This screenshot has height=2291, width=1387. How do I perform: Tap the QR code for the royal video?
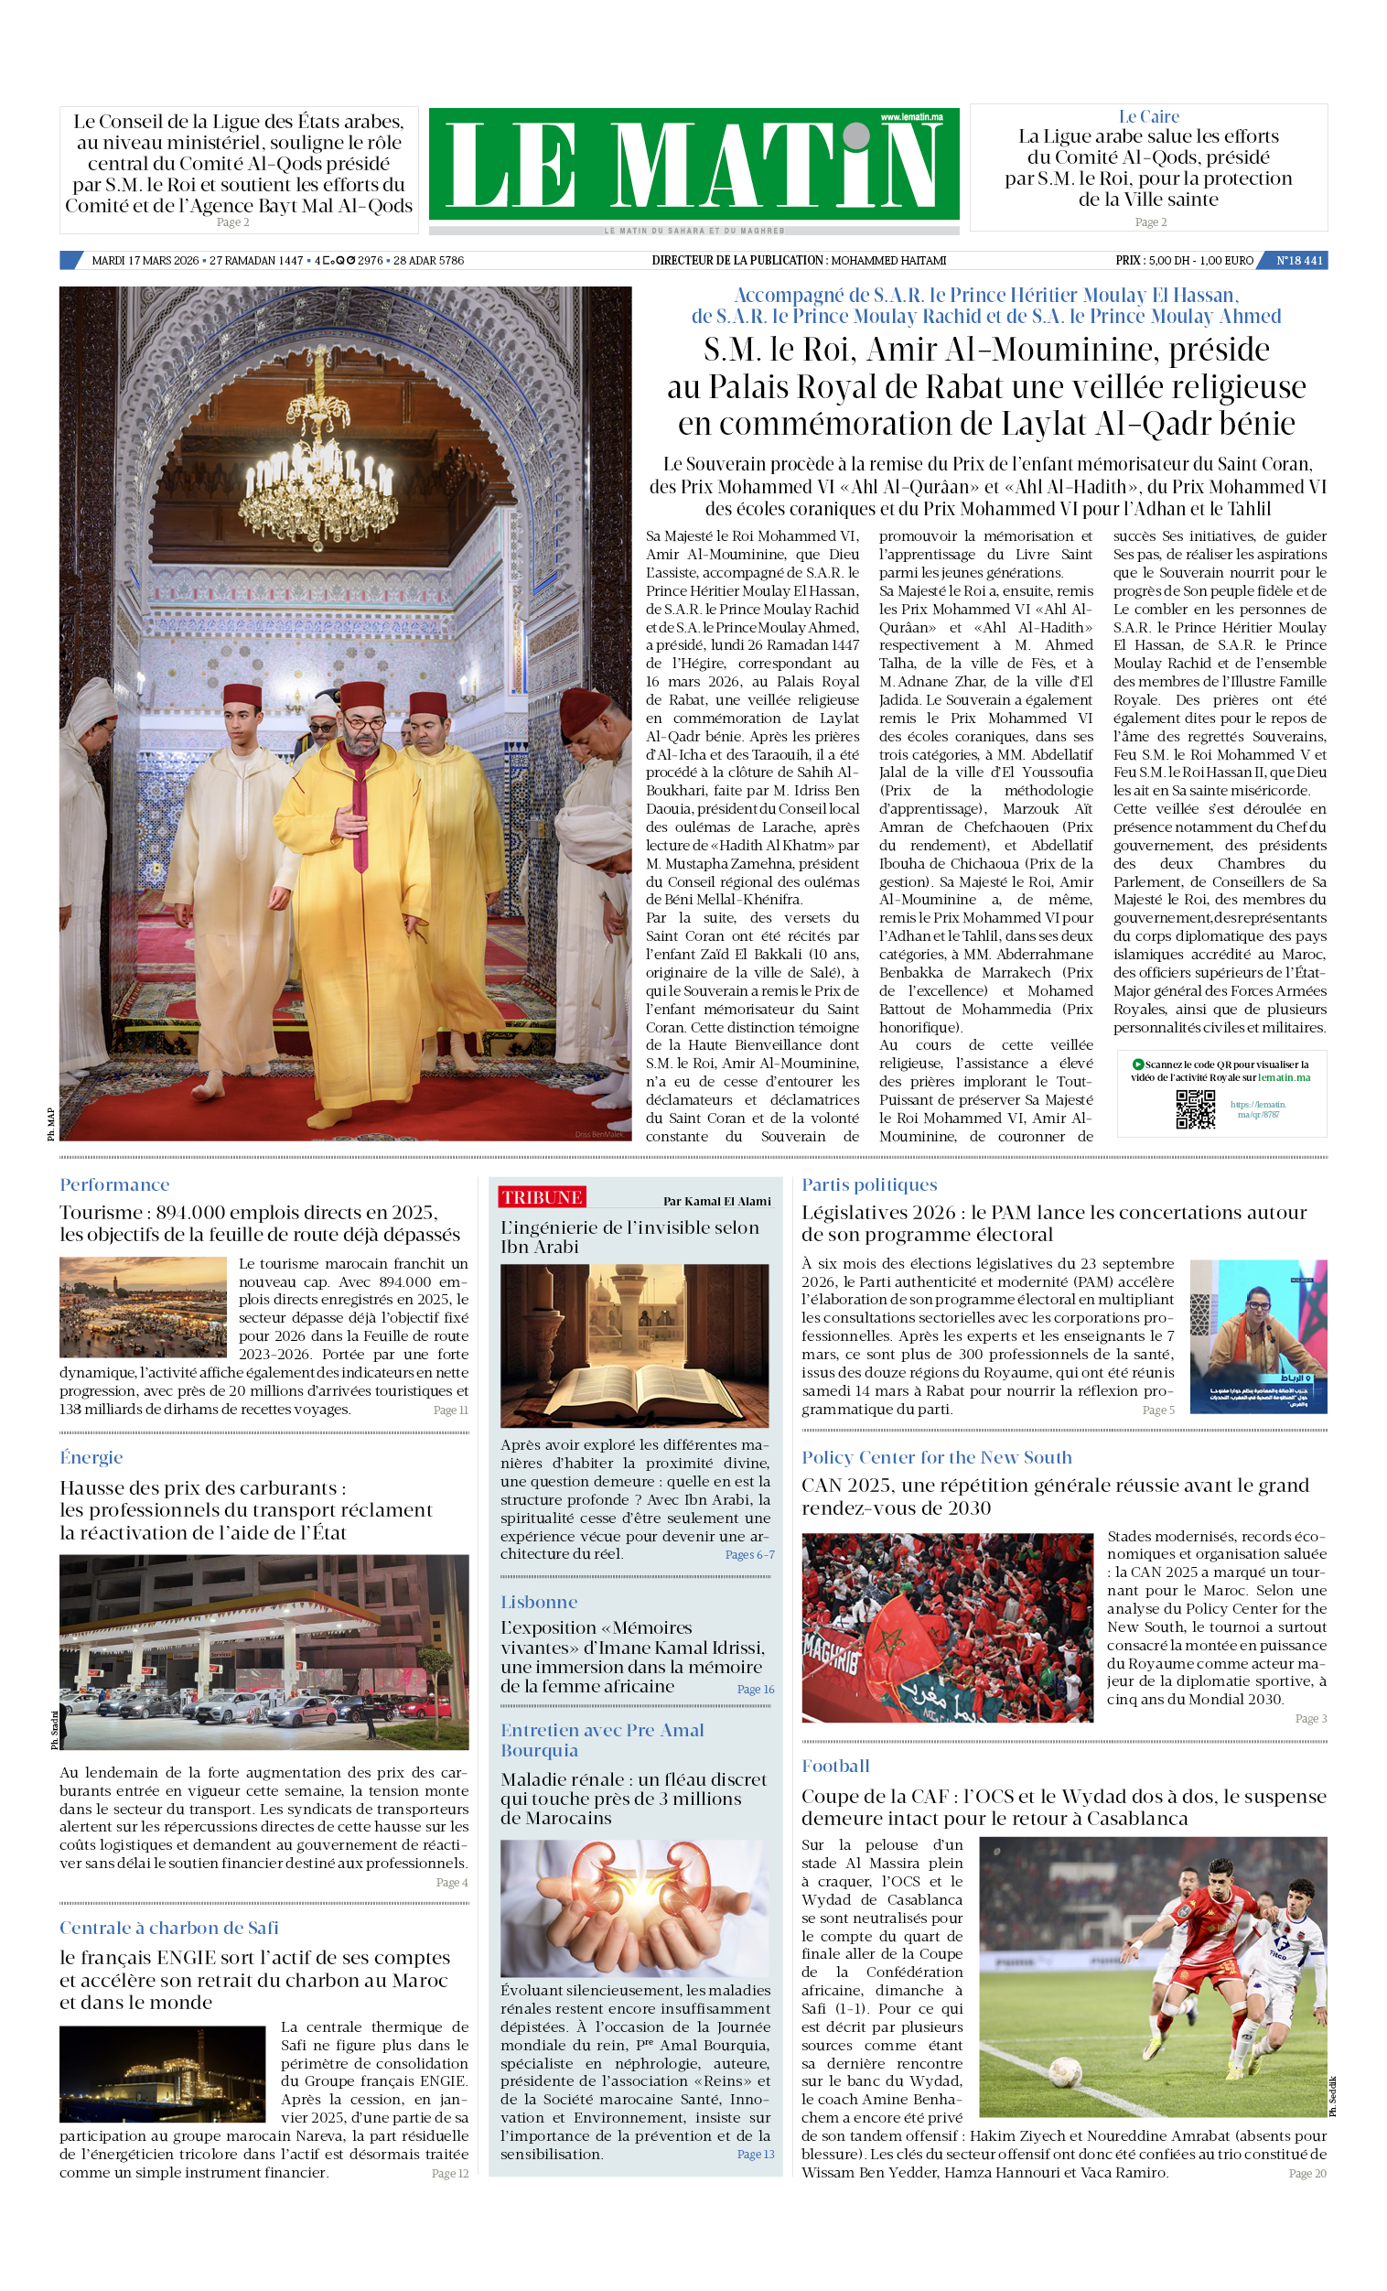1195,1108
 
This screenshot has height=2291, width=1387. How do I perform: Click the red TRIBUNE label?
542,1196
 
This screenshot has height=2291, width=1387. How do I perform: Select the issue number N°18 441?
1298,260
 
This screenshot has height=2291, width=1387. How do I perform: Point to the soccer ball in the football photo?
1064,2071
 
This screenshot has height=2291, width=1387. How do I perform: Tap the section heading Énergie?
91,1457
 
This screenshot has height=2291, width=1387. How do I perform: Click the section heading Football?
835,1766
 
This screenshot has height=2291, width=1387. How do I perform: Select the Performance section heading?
114,1184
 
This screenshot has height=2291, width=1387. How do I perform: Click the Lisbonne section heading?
539,1602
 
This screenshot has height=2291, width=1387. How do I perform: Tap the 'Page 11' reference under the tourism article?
451,1410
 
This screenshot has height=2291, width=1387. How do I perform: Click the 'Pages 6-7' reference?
749,1554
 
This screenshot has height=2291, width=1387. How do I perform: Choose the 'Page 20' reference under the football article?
1307,2173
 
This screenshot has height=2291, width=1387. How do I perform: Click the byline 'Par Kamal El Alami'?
716,1201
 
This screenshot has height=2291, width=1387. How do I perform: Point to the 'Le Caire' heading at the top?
1148,116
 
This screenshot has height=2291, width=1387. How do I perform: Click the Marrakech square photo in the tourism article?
143,1306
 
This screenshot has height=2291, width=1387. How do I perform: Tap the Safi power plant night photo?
163,2074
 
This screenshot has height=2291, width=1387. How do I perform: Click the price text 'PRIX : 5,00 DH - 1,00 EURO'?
1184,260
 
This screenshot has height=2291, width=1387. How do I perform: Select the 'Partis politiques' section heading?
869,1184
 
